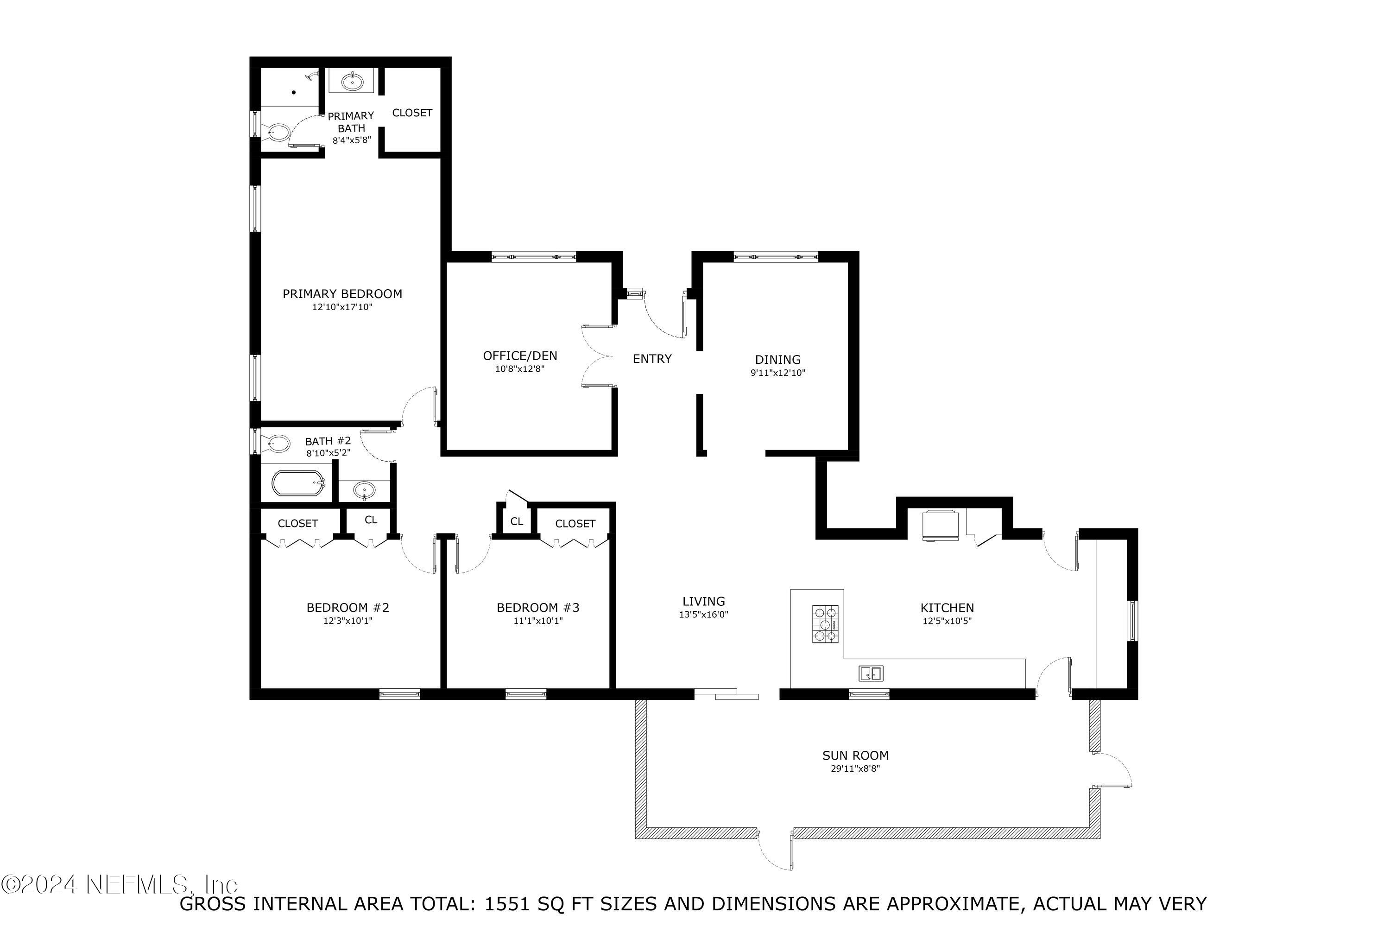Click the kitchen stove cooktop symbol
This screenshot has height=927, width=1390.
[825, 624]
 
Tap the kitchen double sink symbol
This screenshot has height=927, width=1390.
[871, 673]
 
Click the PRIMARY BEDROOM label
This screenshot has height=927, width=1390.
[342, 294]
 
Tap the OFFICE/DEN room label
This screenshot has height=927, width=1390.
[520, 356]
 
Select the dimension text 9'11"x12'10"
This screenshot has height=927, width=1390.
[778, 373]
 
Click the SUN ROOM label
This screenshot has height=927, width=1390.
[855, 755]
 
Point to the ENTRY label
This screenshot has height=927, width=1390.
[652, 359]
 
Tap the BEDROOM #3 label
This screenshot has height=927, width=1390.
[538, 607]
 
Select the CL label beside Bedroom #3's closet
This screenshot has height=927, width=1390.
[517, 521]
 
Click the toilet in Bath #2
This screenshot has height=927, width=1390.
[278, 442]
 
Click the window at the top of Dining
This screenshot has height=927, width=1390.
[776, 257]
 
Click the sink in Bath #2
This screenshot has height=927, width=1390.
[365, 489]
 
